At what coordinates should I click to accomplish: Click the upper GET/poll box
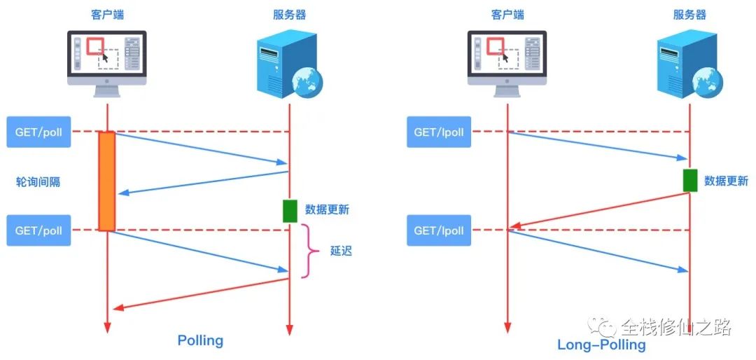[39, 132]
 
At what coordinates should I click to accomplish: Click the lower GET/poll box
[39, 230]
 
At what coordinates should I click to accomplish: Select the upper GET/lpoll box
[439, 132]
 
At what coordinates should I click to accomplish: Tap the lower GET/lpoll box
[439, 230]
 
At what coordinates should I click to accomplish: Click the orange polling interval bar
[106, 181]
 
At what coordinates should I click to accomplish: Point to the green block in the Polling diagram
[290, 211]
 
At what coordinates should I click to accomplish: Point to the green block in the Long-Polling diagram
[690, 180]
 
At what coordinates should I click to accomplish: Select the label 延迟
[341, 251]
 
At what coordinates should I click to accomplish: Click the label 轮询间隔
[38, 181]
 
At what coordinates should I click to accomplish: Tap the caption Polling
[200, 340]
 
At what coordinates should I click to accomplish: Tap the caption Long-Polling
[601, 345]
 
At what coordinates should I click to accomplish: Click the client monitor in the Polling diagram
[107, 60]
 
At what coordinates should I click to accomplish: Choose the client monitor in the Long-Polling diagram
[507, 60]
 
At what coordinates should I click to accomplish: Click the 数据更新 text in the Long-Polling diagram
[726, 180]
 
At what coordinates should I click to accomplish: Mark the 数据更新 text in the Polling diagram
[327, 209]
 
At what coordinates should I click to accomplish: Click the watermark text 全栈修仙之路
[675, 327]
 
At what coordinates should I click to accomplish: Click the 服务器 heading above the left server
[289, 14]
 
